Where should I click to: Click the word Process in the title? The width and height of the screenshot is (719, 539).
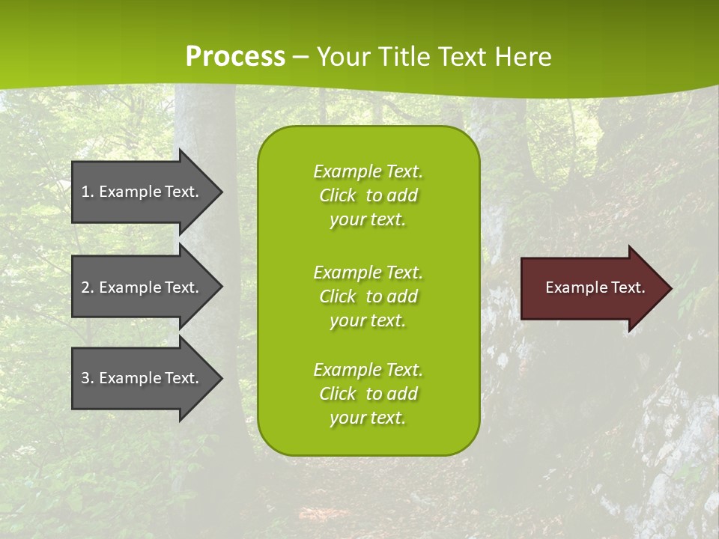coord(235,57)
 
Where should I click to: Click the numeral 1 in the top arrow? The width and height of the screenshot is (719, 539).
coord(85,192)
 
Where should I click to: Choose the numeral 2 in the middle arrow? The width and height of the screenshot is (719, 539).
coord(85,287)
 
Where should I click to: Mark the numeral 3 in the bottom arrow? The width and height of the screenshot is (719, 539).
coord(85,378)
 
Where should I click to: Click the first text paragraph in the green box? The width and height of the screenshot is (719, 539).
coord(368,195)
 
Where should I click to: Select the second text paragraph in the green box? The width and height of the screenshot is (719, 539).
coord(368,296)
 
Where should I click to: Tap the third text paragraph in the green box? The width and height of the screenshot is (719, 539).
coord(368,394)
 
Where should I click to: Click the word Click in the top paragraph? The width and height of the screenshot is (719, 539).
coord(338,195)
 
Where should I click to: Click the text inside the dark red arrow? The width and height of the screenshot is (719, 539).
coord(595,287)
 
